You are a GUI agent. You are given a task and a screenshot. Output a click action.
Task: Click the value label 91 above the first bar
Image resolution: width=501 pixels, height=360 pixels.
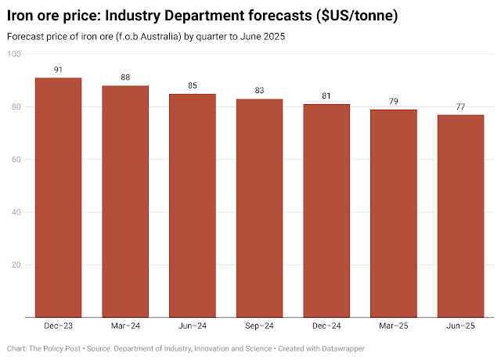coord(59,70)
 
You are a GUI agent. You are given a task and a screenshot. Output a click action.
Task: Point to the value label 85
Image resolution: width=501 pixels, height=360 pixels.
coord(193,86)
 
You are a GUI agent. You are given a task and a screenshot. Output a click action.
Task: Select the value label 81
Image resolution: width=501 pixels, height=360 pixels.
coord(326,96)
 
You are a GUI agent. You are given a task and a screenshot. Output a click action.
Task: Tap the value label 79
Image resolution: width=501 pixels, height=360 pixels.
coord(394,102)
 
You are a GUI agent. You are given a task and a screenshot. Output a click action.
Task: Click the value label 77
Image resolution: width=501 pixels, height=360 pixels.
coord(460,107)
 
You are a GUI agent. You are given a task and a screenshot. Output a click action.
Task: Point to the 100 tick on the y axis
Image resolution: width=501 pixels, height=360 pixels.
coord(14,54)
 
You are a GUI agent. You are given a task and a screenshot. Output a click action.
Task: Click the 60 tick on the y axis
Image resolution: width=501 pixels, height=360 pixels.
coord(16,160)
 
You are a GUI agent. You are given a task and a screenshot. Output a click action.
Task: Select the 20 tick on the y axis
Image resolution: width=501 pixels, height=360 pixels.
coord(16,265)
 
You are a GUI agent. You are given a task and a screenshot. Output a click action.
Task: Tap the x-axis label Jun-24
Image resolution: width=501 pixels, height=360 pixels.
coord(193,326)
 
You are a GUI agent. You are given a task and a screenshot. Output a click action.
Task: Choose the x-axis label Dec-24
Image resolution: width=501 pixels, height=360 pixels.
coord(326,326)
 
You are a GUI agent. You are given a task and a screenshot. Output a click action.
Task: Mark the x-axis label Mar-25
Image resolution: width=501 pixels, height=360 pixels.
coord(394,326)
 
